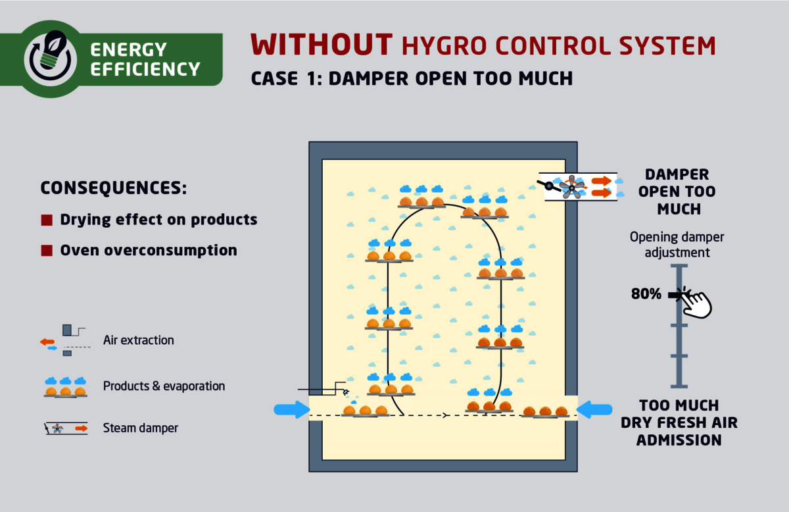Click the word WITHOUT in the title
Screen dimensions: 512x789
tap(322, 45)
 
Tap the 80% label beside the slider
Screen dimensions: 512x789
tap(646, 294)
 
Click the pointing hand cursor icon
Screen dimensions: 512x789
tap(696, 303)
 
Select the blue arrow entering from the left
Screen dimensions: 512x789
tap(291, 410)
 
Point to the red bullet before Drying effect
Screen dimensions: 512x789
tap(46, 220)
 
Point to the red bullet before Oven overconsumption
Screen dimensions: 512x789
tap(46, 251)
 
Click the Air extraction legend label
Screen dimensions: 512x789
tap(138, 340)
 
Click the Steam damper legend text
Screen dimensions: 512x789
tap(140, 428)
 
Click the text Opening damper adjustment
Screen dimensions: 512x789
tap(677, 244)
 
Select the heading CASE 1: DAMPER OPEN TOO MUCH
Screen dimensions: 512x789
tap(412, 78)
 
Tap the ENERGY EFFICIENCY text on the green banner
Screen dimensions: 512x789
tap(145, 59)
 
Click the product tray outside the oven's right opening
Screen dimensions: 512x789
tap(545, 413)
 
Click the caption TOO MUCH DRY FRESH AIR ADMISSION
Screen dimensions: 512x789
tap(679, 422)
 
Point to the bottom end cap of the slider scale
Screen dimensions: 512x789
tap(679, 386)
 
